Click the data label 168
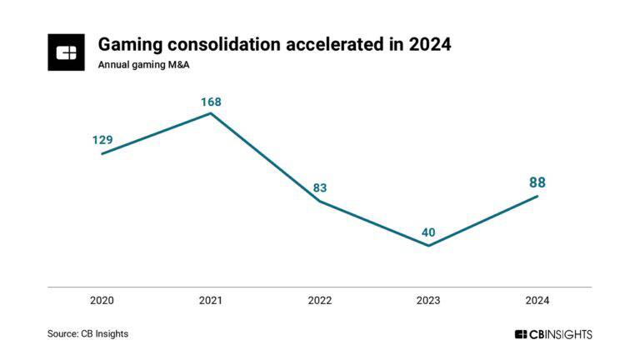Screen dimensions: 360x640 tap(211, 102)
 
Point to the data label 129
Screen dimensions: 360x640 tap(102, 140)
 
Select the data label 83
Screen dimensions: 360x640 tap(319, 188)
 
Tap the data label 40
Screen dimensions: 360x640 tap(428, 232)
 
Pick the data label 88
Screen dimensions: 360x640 tap(537, 182)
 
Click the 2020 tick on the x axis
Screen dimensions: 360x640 tap(102, 300)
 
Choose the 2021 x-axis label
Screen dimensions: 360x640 tap(211, 300)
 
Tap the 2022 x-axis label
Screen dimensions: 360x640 tap(319, 300)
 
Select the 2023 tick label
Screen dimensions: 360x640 tap(428, 300)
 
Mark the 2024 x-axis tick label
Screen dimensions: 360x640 tap(537, 300)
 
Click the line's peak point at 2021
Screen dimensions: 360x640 tap(211, 112)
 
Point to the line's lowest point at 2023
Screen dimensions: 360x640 tap(428, 246)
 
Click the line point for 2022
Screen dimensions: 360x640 tap(319, 201)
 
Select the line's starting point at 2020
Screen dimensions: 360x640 tap(102, 153)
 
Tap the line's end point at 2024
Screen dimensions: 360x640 tap(537, 196)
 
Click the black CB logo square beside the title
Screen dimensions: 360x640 tap(66, 52)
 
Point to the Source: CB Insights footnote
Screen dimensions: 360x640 tap(87, 333)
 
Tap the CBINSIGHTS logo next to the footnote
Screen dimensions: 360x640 tap(553, 334)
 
